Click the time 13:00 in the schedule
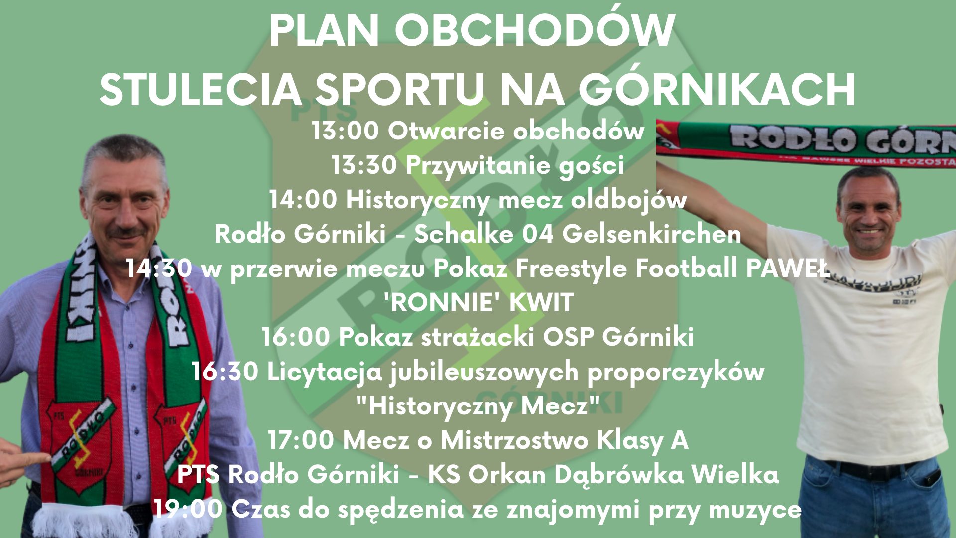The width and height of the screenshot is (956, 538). pyautogui.click(x=345, y=131)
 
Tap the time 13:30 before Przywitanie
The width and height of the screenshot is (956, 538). pyautogui.click(x=364, y=165)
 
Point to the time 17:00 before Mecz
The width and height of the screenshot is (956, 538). pyautogui.click(x=301, y=440)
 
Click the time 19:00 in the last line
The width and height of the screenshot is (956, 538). pyautogui.click(x=188, y=509)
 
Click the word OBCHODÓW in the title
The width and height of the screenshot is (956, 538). pyautogui.click(x=535, y=31)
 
